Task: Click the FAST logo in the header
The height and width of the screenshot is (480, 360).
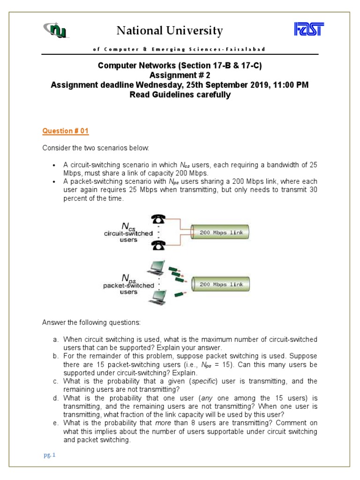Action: (x=309, y=30)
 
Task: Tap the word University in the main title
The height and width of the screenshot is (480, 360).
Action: (x=196, y=31)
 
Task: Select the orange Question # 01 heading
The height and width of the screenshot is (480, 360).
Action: (x=65, y=131)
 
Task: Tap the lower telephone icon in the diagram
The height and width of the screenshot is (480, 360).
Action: (x=158, y=245)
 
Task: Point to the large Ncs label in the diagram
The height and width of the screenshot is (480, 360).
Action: (x=127, y=226)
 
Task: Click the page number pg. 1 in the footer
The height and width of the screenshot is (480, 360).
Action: (x=48, y=455)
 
